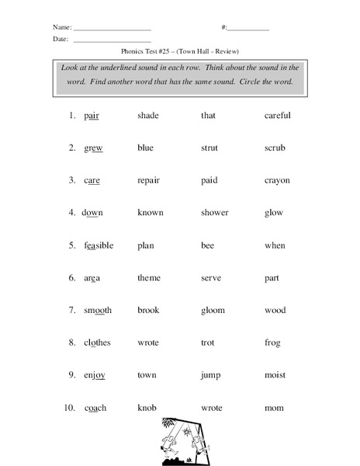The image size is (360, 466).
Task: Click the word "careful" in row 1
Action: coord(277,116)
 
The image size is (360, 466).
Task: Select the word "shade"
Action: coord(148,116)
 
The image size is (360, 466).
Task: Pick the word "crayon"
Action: coord(277,181)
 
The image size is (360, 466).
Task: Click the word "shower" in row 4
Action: coord(214,213)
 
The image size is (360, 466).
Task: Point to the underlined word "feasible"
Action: coord(99,245)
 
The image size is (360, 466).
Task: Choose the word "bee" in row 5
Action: coord(207,245)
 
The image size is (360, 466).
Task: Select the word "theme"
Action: coord(149,278)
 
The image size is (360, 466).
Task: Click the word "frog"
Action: coord(272,343)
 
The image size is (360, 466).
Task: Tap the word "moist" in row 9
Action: coord(275,375)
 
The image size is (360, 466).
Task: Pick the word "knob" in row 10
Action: coord(147,408)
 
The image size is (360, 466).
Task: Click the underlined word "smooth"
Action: coord(98,311)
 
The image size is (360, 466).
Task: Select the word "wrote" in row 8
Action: coord(148,343)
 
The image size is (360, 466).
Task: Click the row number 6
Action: coord(71,278)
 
